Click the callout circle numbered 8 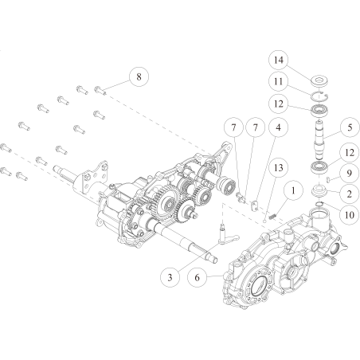139,77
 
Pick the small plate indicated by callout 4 254,205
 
